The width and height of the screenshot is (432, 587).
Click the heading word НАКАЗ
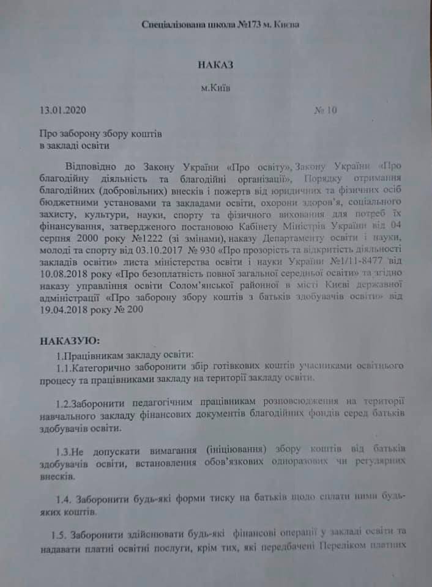coord(216,64)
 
